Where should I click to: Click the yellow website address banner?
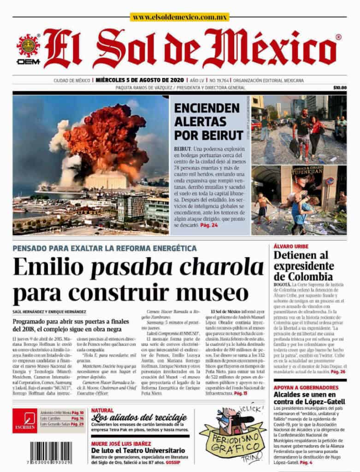coord(180,17)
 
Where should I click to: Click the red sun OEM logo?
coord(28,48)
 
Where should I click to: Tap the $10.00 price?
coord(339,88)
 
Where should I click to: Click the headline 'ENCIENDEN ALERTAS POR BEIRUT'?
coord(208,122)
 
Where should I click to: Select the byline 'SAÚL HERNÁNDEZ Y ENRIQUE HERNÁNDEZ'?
coord(49,312)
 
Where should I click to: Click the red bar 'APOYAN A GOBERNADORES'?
coord(306,388)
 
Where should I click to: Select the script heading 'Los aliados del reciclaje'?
coord(138,418)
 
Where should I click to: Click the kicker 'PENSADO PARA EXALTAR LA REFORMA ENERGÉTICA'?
coord(105,248)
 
